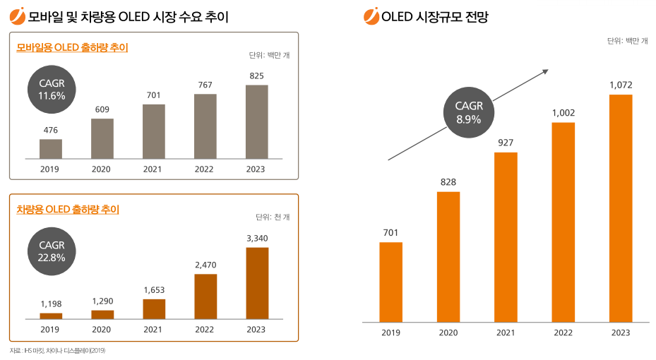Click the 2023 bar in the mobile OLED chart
click(x=256, y=122)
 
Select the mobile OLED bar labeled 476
click(x=51, y=149)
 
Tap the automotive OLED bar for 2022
click(x=205, y=296)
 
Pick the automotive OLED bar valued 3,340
click(x=257, y=283)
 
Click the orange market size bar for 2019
click(x=390, y=280)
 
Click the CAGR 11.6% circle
click(x=52, y=89)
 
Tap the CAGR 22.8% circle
click(x=52, y=251)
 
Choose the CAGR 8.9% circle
click(x=469, y=112)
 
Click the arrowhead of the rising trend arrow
click(x=545, y=70)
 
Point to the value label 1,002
click(x=563, y=112)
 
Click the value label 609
click(x=102, y=109)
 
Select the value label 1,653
click(x=154, y=289)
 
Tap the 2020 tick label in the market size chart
click(x=448, y=332)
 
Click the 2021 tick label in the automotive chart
click(x=153, y=329)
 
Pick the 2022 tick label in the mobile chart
click(x=205, y=169)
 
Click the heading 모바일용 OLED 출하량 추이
click(x=71, y=47)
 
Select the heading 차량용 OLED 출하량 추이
click(x=67, y=209)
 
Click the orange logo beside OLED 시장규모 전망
click(x=370, y=16)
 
